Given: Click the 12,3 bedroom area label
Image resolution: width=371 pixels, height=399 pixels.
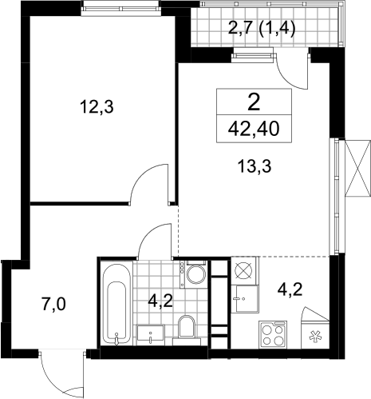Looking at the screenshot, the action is pyautogui.click(x=97, y=106).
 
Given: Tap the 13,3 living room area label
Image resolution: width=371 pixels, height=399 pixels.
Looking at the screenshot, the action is pyautogui.click(x=255, y=166).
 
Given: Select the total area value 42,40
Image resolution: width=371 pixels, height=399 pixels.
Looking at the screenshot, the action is pyautogui.click(x=254, y=129).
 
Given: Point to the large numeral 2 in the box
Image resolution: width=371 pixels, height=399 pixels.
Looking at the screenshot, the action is pyautogui.click(x=254, y=102).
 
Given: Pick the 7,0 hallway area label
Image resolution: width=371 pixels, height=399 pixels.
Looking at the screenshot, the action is pyautogui.click(x=54, y=305).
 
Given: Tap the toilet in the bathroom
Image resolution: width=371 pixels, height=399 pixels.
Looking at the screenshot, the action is pyautogui.click(x=187, y=327).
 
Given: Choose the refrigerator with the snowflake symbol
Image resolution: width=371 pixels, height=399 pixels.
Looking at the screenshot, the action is pyautogui.click(x=315, y=328).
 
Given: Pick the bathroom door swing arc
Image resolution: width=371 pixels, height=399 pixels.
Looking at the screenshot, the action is pyautogui.click(x=149, y=233).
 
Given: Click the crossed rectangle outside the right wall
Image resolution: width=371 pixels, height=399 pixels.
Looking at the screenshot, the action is pyautogui.click(x=357, y=168).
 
